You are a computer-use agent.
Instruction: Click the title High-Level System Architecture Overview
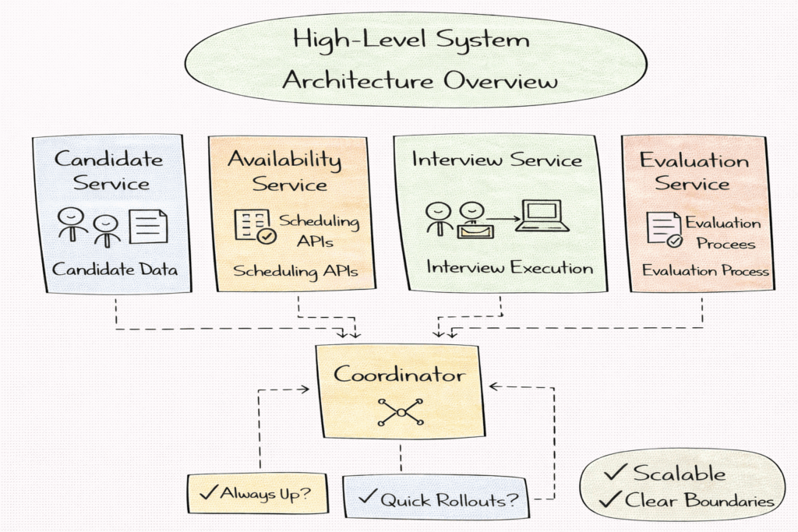419,59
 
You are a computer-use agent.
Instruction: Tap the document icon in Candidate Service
148,226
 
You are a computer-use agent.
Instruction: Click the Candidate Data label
115,270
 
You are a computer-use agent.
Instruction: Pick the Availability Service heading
284,171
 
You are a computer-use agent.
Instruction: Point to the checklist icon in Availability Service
253,226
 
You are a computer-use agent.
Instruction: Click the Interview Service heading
497,160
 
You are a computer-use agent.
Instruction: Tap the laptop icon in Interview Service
543,216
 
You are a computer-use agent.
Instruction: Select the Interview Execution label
509,268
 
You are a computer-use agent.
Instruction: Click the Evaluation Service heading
694,171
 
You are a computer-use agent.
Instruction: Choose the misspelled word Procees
726,244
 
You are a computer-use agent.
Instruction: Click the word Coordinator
400,375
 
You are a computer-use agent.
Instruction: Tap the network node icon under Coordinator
400,411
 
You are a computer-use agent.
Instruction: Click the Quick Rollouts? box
436,499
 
